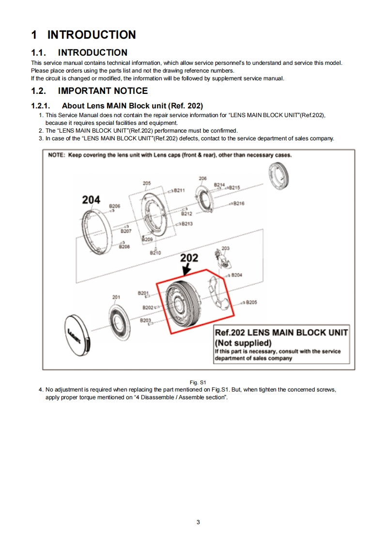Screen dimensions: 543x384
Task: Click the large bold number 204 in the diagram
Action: point(91,199)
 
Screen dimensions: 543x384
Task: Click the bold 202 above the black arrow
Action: point(189,257)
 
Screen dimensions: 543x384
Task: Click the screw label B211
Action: point(179,190)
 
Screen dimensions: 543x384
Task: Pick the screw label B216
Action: point(239,204)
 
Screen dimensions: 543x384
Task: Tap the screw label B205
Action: point(251,302)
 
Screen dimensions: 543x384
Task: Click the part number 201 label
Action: point(116,297)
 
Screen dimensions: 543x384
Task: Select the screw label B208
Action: point(124,246)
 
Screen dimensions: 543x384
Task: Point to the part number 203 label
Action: point(225,248)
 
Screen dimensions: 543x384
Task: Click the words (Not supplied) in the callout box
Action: point(243,343)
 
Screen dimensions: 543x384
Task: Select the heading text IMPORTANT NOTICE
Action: point(103,91)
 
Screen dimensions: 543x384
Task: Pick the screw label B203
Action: point(145,320)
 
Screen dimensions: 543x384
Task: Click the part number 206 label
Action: point(202,179)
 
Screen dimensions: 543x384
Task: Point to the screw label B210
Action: point(155,253)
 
